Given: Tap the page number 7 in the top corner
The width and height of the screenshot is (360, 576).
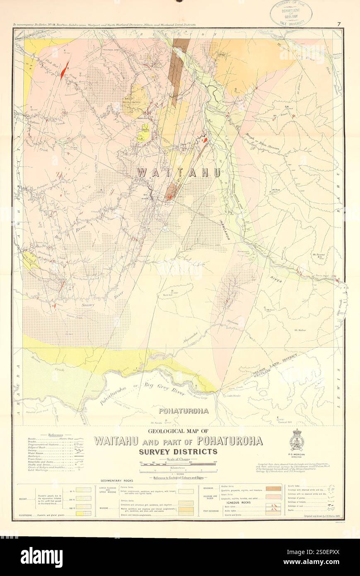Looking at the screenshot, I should click(x=338, y=24).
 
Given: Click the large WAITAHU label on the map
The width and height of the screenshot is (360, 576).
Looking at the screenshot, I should click(x=179, y=173).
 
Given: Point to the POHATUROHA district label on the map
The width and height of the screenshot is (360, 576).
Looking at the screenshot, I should click(x=184, y=411).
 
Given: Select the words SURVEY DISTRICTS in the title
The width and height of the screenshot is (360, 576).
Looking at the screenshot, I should click(x=179, y=451).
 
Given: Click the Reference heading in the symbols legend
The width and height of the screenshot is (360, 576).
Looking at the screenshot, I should click(x=55, y=435).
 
